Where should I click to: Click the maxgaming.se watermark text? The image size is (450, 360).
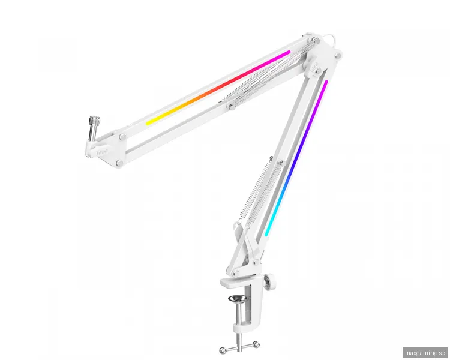click(425, 353)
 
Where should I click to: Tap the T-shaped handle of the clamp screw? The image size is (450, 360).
click(238, 346)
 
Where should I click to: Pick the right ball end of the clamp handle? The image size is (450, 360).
click(257, 344)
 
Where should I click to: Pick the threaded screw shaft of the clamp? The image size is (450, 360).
click(238, 318)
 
